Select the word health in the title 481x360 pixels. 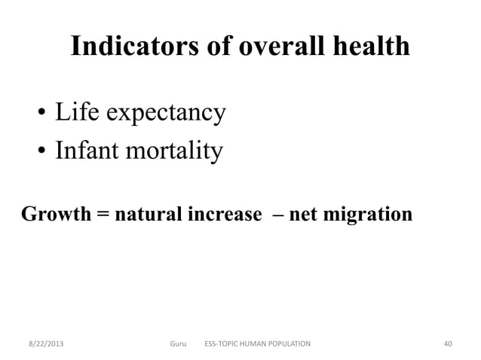[x=371, y=47]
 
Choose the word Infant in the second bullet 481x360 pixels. [x=86, y=151]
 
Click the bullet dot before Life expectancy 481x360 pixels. [x=41, y=115]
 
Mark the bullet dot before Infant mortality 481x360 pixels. [x=41, y=153]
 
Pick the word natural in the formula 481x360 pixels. [x=146, y=215]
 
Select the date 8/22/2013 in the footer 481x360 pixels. [x=41, y=344]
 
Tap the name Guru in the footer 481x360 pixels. [x=178, y=344]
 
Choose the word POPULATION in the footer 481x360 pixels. [x=283, y=344]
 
